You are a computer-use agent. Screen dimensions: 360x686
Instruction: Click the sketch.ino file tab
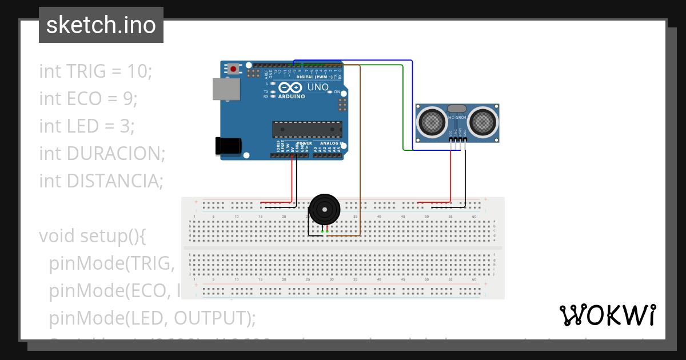(x=101, y=25)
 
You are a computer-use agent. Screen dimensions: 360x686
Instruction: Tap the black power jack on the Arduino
(x=228, y=146)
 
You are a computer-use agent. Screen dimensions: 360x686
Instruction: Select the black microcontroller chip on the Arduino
(x=307, y=129)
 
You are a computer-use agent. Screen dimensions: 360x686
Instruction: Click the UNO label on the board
(x=318, y=87)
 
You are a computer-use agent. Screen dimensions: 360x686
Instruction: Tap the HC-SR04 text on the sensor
(x=457, y=118)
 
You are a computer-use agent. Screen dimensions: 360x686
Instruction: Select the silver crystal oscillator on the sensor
(x=457, y=108)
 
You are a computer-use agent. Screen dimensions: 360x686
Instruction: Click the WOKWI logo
(x=607, y=315)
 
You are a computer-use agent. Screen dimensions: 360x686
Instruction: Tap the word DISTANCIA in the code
(x=114, y=181)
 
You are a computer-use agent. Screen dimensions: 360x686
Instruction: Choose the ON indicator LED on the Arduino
(x=330, y=92)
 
